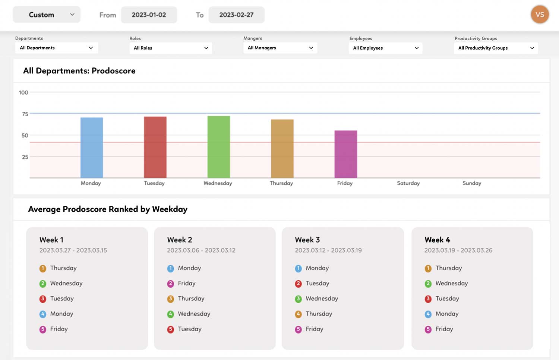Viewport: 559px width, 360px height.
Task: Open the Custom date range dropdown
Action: (x=47, y=15)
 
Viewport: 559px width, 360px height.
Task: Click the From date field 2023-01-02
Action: (x=149, y=15)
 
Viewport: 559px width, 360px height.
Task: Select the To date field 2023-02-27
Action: (x=236, y=15)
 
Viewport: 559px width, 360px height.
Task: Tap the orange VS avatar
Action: (x=540, y=15)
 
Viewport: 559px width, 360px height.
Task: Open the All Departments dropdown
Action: (x=56, y=48)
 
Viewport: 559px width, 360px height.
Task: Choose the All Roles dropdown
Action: (x=170, y=48)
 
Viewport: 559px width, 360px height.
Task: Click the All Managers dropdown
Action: (x=280, y=48)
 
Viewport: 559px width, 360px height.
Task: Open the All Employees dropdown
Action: (x=385, y=48)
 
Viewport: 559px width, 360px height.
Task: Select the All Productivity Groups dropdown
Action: (x=496, y=48)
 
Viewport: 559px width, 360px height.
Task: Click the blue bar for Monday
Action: (x=92, y=148)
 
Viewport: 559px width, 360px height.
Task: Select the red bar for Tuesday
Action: (x=155, y=147)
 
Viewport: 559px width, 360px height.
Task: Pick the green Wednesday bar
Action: (x=219, y=147)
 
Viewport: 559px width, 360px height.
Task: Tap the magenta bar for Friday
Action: (x=346, y=154)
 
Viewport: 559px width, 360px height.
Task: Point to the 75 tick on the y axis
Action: (x=25, y=114)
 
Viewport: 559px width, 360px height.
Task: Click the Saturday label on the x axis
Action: (x=408, y=183)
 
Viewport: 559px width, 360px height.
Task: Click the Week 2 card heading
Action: (x=180, y=240)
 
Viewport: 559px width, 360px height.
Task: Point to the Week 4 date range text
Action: (x=458, y=250)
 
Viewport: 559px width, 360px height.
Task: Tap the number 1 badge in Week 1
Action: (x=43, y=268)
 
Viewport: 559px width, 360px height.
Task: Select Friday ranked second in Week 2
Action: (x=186, y=283)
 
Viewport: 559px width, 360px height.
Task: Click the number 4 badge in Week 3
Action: (x=298, y=314)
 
